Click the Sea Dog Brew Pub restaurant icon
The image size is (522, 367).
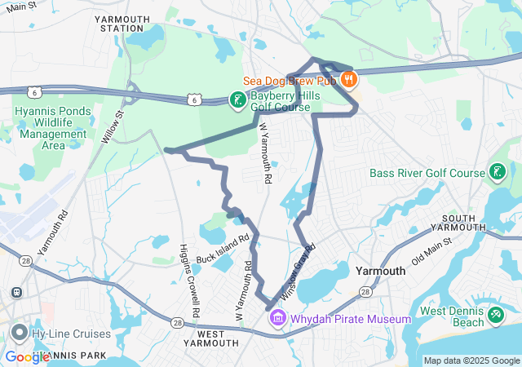(x=348, y=79)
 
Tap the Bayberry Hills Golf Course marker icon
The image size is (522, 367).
(x=237, y=100)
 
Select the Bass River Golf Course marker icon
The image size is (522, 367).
(x=497, y=172)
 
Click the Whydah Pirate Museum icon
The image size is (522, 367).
(x=277, y=317)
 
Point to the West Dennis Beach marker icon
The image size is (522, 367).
(x=497, y=313)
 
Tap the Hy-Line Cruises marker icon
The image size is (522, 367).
(x=20, y=333)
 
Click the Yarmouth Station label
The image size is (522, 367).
(x=122, y=23)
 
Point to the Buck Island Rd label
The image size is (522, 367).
(x=220, y=251)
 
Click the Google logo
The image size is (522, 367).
(x=27, y=357)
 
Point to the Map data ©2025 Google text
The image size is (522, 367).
(x=471, y=360)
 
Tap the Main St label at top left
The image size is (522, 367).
(x=20, y=6)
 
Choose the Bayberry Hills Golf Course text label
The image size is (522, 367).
(x=280, y=101)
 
